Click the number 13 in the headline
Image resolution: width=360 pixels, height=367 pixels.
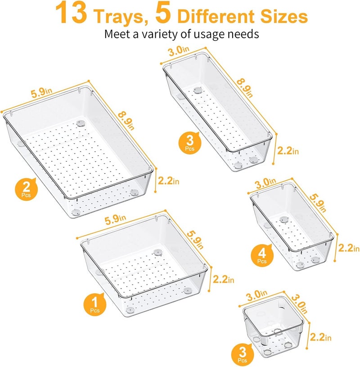72,14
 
